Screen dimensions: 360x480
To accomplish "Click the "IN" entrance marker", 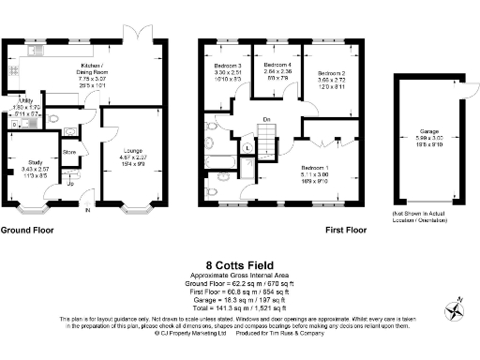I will (89, 211).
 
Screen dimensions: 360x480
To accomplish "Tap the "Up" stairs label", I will (71, 185).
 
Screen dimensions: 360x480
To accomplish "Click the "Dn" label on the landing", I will (267, 119).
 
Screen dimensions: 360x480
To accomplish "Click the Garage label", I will (429, 130).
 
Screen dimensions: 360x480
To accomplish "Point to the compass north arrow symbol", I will (454, 308).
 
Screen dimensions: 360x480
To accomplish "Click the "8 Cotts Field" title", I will (239, 265).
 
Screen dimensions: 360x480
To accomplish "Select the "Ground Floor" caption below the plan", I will (26, 230).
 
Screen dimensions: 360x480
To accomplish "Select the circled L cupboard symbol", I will (246, 147).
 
